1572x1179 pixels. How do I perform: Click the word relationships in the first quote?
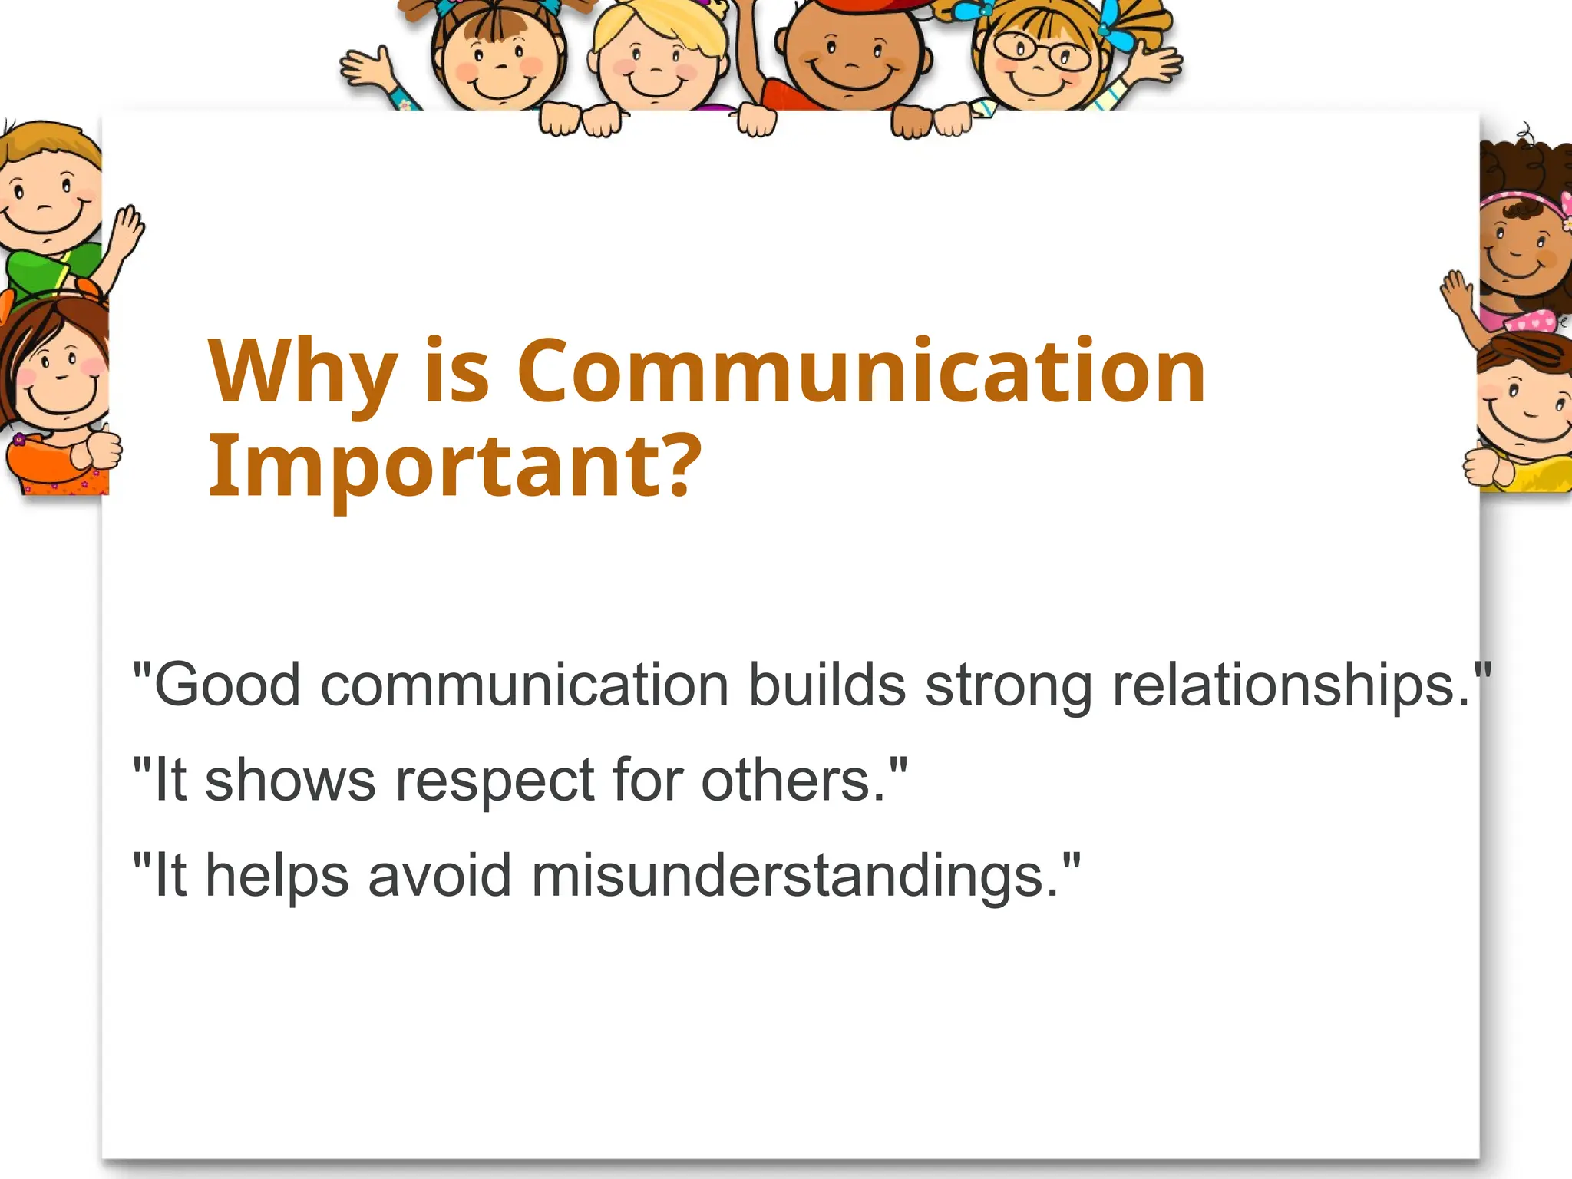click(x=1290, y=685)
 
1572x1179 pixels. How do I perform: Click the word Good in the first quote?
click(x=227, y=685)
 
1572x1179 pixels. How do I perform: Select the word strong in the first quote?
click(x=1009, y=685)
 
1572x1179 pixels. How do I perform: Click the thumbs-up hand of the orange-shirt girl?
click(x=101, y=449)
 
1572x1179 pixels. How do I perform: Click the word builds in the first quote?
click(x=827, y=685)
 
